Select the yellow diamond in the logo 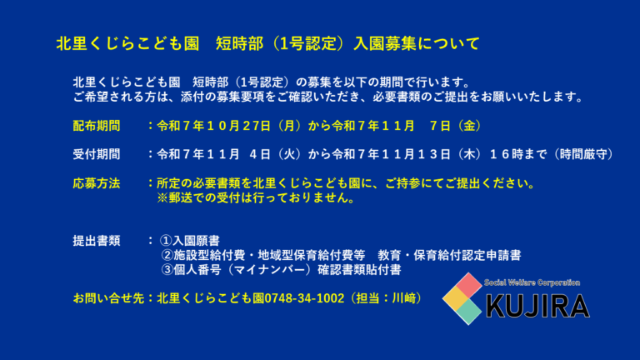point(455,297)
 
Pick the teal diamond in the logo point(468,311)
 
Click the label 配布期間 point(97,126)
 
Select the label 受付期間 point(97,154)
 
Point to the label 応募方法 point(97,182)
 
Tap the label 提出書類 point(97,241)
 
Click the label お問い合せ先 point(107,297)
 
